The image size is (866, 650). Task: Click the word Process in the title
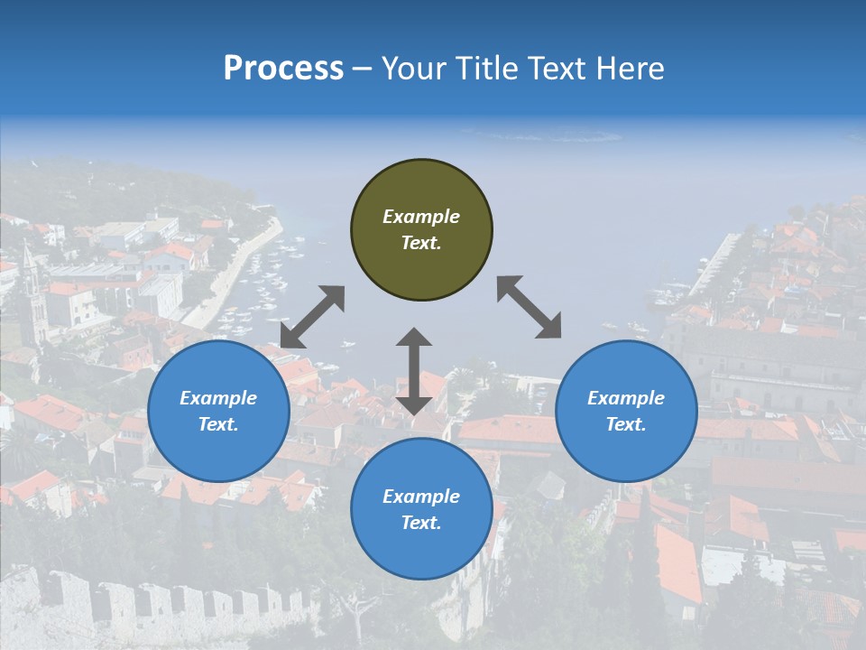283,69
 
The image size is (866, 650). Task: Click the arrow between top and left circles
312,317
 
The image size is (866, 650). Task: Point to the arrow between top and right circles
529,307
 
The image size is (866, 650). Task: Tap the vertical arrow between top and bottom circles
414,372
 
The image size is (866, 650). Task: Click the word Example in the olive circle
421,217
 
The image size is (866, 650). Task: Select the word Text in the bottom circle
419,523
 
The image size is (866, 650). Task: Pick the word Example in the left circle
218,398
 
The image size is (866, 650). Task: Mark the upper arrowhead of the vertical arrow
414,338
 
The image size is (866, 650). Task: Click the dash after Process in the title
363,69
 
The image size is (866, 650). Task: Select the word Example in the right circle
626,398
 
